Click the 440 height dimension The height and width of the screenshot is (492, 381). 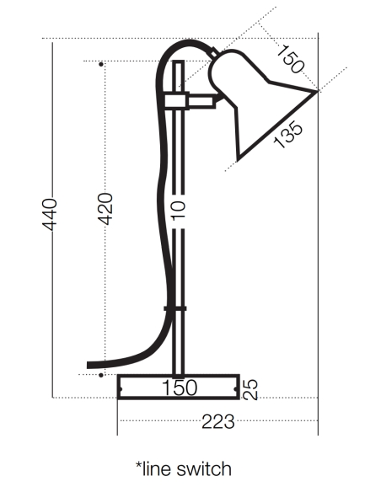pyautogui.click(x=49, y=214)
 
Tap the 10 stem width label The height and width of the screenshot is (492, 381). pyautogui.click(x=179, y=211)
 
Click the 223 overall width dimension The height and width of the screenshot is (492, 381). pyautogui.click(x=217, y=422)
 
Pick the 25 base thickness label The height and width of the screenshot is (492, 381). pyautogui.click(x=250, y=390)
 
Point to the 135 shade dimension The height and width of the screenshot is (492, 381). pyautogui.click(x=288, y=135)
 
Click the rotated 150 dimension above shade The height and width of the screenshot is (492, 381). pyautogui.click(x=290, y=59)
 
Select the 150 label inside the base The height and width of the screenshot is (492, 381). pyautogui.click(x=180, y=388)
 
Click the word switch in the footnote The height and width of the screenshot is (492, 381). pyautogui.click(x=204, y=469)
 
